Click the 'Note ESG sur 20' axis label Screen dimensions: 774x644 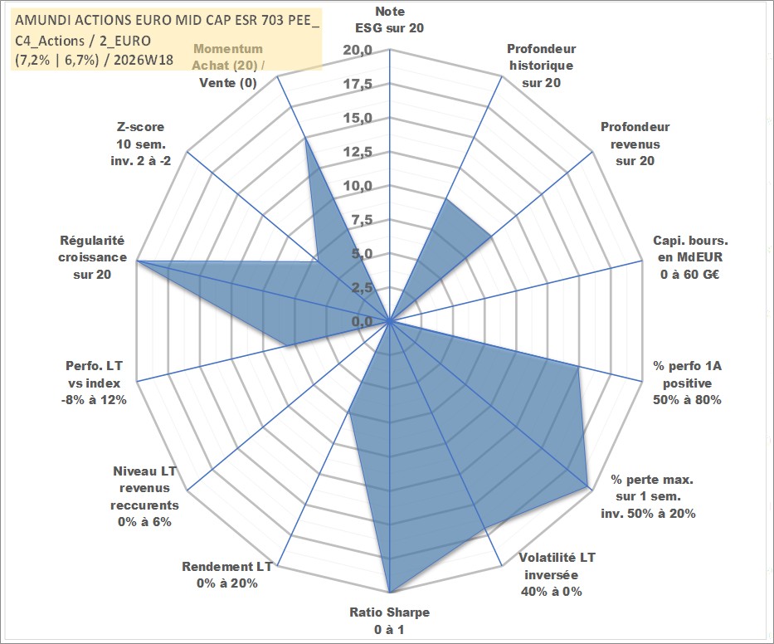[x=389, y=20]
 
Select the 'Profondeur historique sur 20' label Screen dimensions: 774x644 [x=541, y=66]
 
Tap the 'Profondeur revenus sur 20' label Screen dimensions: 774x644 [x=635, y=144]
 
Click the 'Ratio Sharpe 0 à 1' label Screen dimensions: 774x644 [x=389, y=621]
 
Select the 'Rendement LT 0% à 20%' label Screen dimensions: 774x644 [x=227, y=575]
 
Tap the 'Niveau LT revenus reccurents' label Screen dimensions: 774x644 [x=144, y=496]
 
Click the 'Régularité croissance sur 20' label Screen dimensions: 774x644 [x=92, y=257]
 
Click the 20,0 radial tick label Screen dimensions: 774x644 [x=358, y=51]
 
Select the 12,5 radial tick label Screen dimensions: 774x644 [x=358, y=152]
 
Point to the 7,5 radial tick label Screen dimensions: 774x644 [x=362, y=220]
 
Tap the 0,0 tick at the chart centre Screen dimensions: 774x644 [x=362, y=321]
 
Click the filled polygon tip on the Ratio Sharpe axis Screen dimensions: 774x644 [x=390, y=593]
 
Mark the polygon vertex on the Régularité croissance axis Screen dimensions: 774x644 [x=137, y=261]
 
